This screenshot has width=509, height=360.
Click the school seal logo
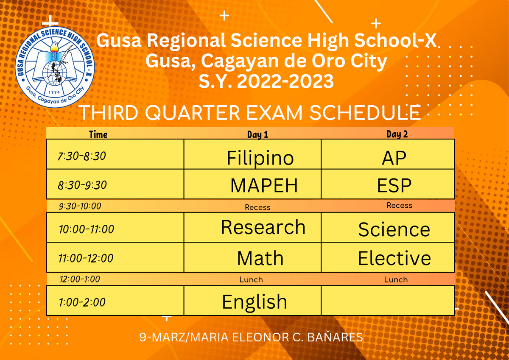click(x=55, y=67)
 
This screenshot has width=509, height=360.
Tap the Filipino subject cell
click(x=252, y=154)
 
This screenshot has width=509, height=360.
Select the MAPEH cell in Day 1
click(x=252, y=184)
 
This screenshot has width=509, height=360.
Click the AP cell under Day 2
click(x=388, y=154)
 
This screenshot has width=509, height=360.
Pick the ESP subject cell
click(x=388, y=184)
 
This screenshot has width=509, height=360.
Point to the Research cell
click(x=252, y=227)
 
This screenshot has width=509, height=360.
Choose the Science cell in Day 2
click(x=388, y=227)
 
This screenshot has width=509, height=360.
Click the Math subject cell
click(x=252, y=257)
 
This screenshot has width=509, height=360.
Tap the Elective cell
click(x=388, y=257)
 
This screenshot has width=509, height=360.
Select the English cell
click(x=252, y=301)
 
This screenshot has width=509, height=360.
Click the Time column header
click(x=98, y=134)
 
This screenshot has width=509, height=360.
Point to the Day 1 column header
click(x=257, y=135)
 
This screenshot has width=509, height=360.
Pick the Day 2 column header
click(x=397, y=134)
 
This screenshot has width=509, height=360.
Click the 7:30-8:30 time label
click(x=82, y=156)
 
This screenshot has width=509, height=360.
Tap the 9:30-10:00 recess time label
click(x=80, y=206)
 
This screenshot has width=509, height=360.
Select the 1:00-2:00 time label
click(x=82, y=302)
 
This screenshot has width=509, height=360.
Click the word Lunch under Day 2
click(x=396, y=279)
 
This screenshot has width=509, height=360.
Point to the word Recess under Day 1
click(x=257, y=207)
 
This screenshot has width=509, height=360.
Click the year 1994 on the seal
click(x=54, y=92)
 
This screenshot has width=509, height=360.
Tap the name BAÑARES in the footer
click(x=335, y=337)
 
